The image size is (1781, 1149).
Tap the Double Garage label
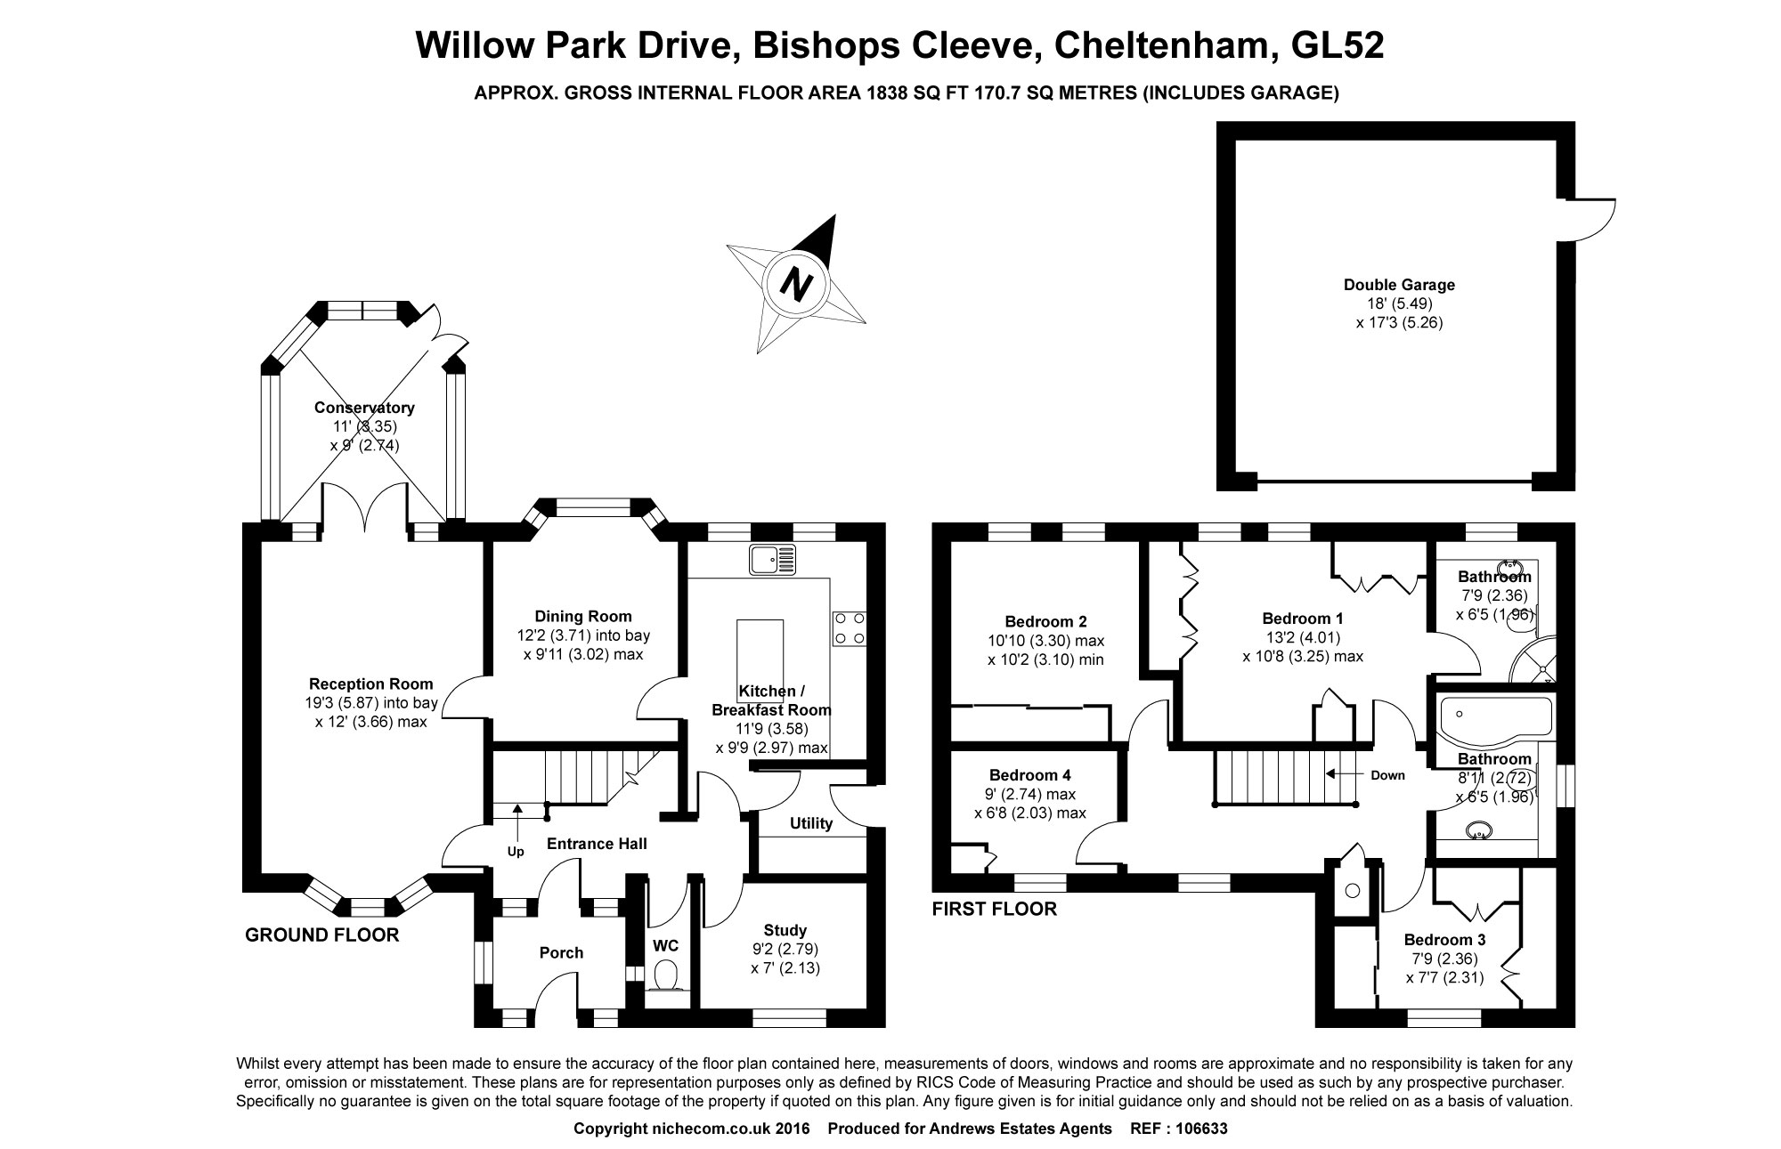(1399, 285)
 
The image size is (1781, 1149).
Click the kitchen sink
(772, 559)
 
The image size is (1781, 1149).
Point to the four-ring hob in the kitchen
(849, 628)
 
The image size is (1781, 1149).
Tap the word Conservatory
(364, 408)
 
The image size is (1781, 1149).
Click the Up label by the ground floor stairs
(516, 852)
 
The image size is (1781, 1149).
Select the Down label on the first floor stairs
(1387, 775)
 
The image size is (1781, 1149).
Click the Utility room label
(811, 823)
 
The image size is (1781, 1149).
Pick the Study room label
(785, 931)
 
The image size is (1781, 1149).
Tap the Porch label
(561, 952)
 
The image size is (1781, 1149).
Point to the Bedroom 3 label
(1444, 940)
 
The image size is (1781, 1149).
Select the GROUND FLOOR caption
(322, 935)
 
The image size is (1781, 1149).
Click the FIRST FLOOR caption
(994, 909)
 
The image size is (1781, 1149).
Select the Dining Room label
(583, 616)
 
